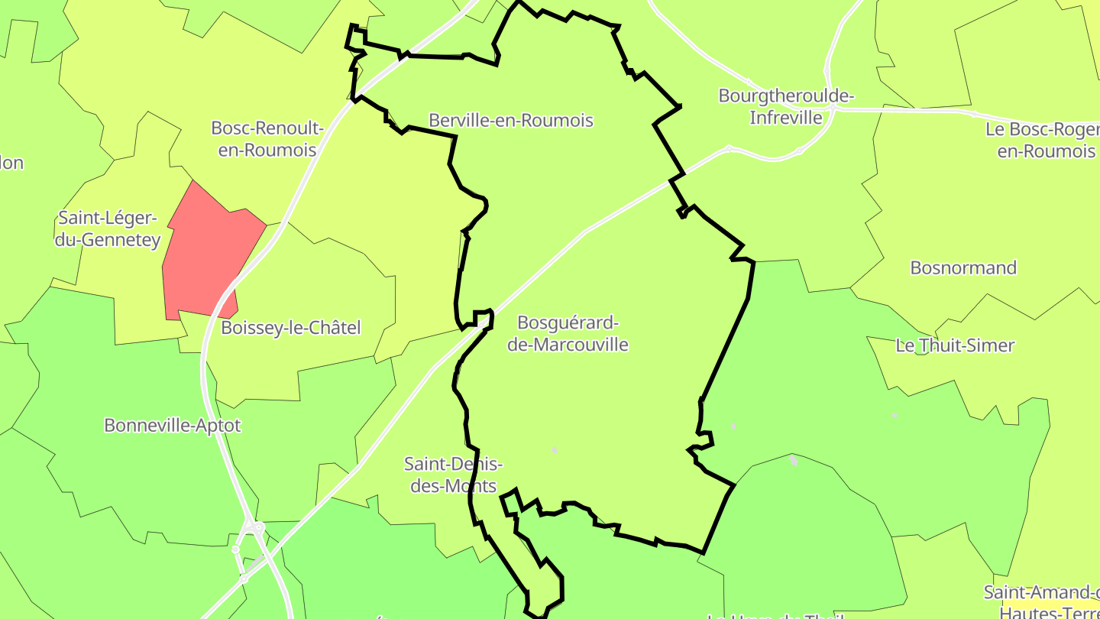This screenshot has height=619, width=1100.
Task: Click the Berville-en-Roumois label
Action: [510, 120]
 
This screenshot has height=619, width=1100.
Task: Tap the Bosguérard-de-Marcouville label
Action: [568, 333]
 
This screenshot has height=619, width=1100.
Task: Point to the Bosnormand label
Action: [963, 267]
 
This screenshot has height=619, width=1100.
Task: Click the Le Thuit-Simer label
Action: [955, 345]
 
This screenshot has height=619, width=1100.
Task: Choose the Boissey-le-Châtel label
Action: [290, 328]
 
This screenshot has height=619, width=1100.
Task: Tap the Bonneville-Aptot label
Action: [173, 425]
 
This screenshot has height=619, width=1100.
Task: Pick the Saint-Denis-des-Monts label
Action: [453, 475]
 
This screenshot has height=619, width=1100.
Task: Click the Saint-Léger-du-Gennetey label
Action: [108, 229]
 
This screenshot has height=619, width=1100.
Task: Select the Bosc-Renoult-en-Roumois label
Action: [267, 138]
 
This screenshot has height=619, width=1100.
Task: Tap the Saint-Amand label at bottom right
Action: [1040, 601]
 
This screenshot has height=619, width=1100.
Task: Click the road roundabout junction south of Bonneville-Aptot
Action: [251, 527]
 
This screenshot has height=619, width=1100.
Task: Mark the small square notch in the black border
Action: [482, 318]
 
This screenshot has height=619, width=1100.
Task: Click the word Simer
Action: [990, 345]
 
